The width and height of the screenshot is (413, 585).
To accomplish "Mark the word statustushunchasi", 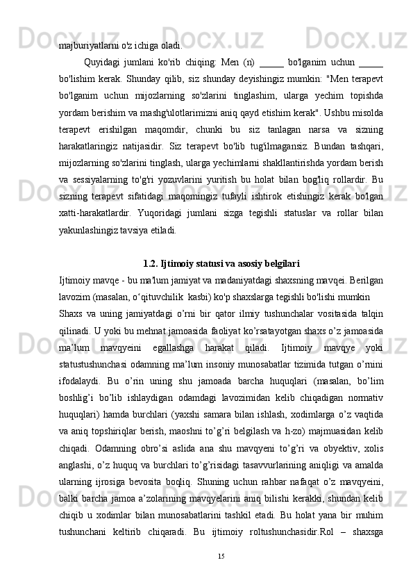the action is point(93,365).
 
